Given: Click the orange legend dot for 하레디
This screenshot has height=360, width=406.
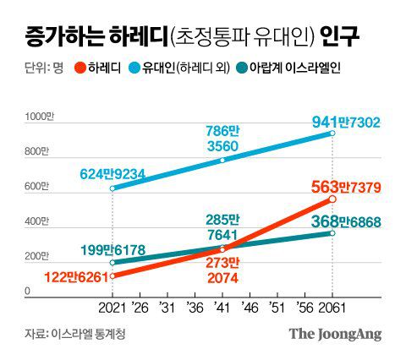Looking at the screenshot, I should (x=80, y=68).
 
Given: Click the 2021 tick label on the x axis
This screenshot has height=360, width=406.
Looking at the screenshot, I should (x=112, y=306).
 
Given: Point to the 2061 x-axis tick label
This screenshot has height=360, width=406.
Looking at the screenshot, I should (x=332, y=306).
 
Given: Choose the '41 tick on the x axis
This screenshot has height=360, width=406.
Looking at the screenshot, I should (x=222, y=306).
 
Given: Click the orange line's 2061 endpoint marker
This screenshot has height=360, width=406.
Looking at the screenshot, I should (x=332, y=199).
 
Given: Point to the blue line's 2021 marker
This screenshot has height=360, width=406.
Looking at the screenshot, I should (x=112, y=188).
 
